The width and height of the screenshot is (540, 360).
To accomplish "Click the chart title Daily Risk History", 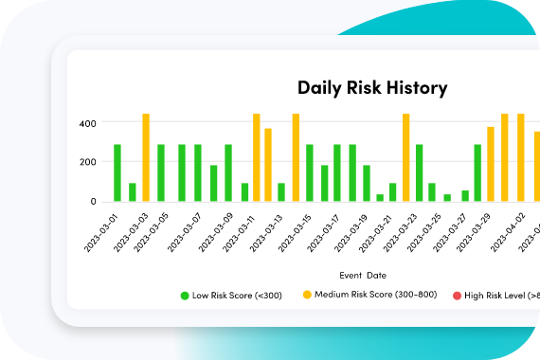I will pyautogui.click(x=372, y=89).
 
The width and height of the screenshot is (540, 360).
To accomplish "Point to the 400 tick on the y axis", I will pyautogui.click(x=88, y=123).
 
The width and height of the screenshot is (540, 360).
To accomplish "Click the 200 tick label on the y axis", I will pyautogui.click(x=88, y=162).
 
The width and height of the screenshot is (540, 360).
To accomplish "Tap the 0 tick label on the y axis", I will pyautogui.click(x=92, y=201).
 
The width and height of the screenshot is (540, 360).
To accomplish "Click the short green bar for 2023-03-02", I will pyautogui.click(x=133, y=192).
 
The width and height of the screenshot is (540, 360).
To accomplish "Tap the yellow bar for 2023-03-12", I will pyautogui.click(x=268, y=165).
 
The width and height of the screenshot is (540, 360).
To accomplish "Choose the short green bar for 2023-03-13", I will pyautogui.click(x=281, y=192).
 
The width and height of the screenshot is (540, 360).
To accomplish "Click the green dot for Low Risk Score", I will pyautogui.click(x=185, y=296).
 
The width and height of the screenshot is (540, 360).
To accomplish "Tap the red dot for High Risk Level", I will pyautogui.click(x=457, y=296).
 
